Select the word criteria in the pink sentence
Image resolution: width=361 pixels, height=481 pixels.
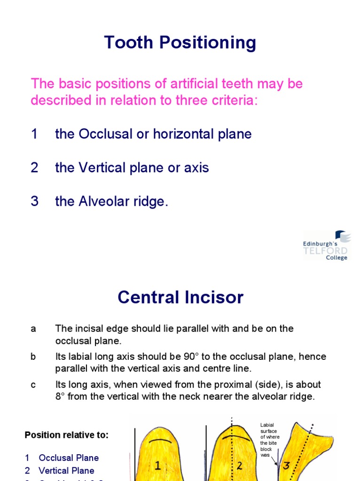click(235, 101)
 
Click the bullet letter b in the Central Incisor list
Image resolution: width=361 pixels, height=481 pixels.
click(33, 357)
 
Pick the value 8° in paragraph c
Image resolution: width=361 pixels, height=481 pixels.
click(61, 396)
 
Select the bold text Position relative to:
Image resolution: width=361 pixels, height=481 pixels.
click(66, 435)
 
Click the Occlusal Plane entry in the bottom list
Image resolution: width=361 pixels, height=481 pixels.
click(69, 458)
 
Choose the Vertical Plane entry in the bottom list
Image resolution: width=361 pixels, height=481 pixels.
click(66, 470)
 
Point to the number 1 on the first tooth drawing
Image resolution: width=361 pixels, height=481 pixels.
click(158, 465)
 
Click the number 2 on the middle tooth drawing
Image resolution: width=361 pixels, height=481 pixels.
click(239, 465)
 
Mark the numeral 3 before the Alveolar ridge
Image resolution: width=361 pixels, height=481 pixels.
click(34, 202)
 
